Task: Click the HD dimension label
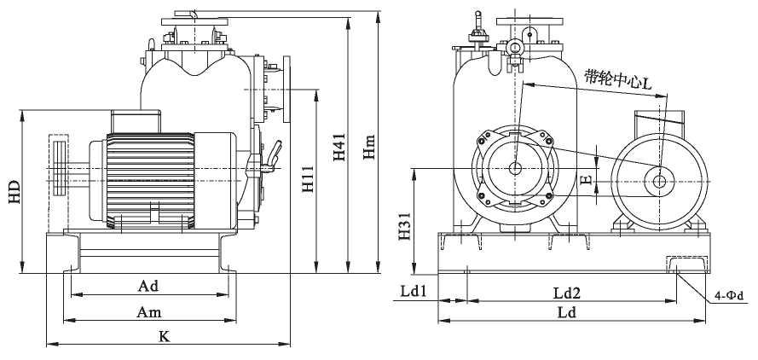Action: click(14, 192)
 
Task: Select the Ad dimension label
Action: click(148, 285)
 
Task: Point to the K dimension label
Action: click(165, 336)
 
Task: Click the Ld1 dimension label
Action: click(414, 291)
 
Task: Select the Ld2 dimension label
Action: click(566, 293)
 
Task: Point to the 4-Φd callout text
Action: click(729, 296)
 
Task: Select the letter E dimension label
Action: click(585, 180)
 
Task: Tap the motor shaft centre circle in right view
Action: click(659, 180)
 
